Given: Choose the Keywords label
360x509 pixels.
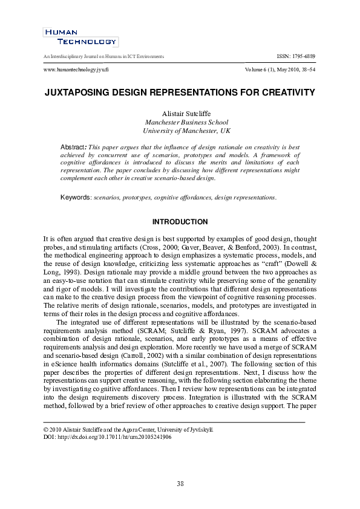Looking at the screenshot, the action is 76,198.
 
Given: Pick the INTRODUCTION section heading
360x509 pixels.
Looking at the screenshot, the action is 180,222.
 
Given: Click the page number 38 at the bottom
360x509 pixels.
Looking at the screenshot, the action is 180,483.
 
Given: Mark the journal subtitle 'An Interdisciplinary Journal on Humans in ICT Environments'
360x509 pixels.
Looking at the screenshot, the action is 101,56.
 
